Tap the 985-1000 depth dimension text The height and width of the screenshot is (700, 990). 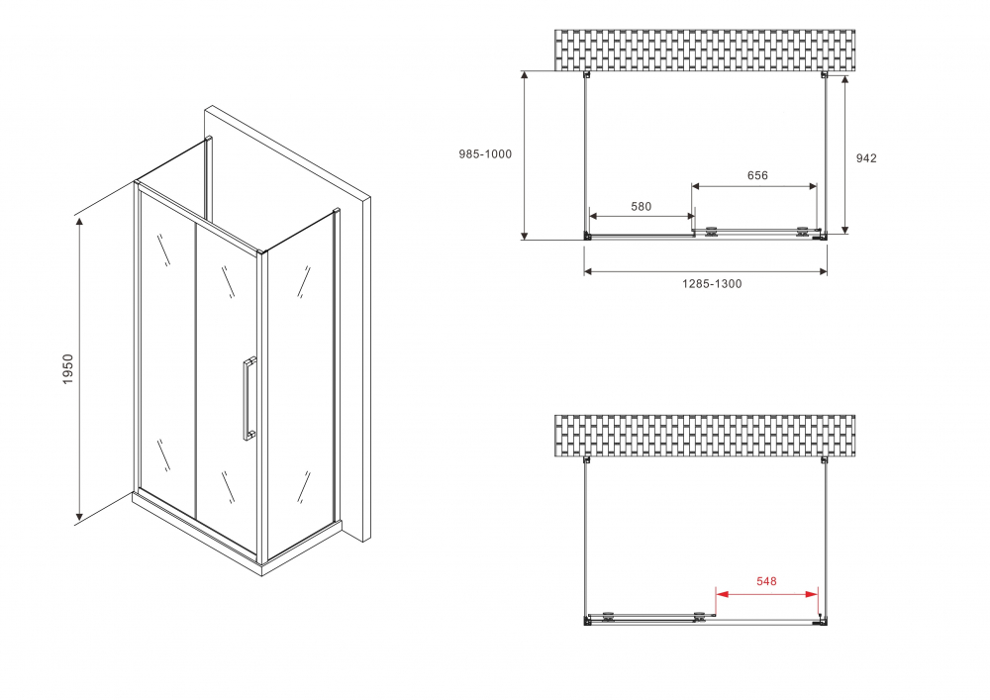point(485,153)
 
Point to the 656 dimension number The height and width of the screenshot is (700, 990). point(757,175)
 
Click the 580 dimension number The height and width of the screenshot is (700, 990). point(642,206)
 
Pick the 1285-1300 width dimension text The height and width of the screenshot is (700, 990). point(711,284)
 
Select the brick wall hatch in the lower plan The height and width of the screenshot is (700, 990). point(704,436)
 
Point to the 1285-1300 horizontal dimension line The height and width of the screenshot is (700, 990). point(705,271)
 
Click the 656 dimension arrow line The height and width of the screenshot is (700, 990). point(754,186)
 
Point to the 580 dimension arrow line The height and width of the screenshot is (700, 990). point(642,216)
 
